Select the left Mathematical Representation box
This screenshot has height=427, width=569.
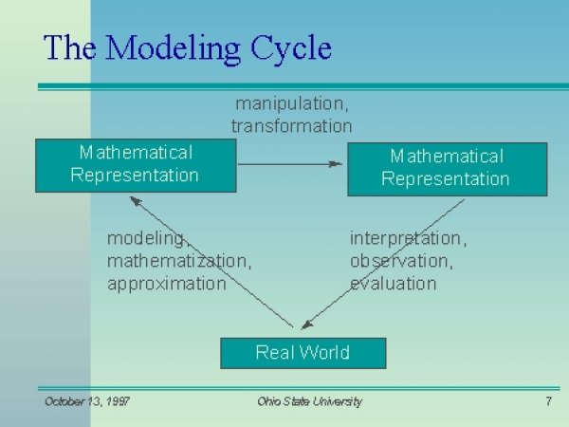136,164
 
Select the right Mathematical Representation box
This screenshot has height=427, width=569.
447,168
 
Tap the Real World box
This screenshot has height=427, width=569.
303,353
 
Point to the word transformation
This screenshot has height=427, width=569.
291,125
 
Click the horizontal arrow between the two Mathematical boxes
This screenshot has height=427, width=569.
289,164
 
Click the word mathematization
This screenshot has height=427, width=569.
179,260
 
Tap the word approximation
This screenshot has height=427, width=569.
167,283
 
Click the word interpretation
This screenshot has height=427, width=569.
408,237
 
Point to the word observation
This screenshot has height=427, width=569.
401,260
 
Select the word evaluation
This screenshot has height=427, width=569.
393,283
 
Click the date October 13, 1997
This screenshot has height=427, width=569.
87,401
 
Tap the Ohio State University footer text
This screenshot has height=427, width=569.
309,401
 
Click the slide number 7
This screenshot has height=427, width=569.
548,401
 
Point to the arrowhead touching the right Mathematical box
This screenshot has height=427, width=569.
336,164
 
